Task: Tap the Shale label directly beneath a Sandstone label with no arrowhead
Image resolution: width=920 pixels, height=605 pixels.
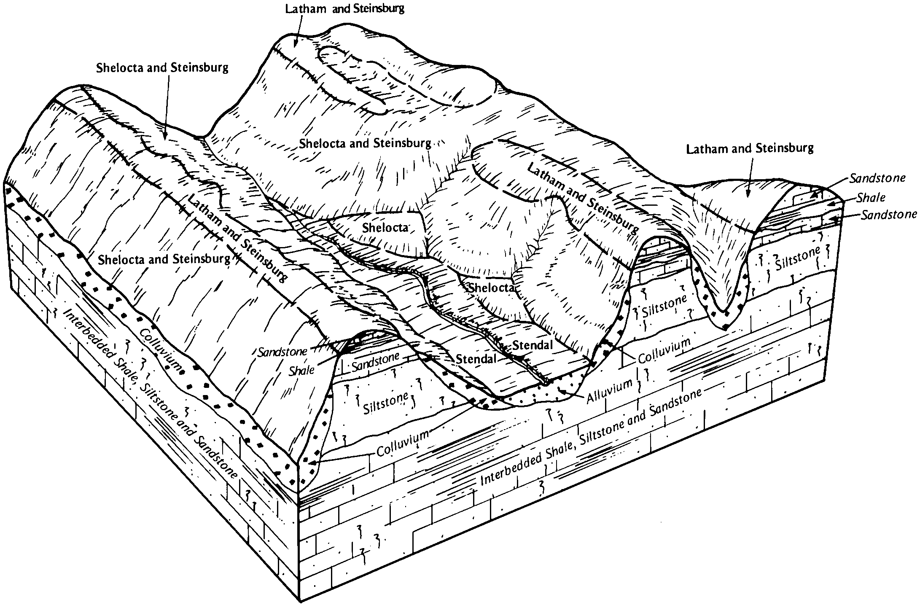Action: [x=302, y=370]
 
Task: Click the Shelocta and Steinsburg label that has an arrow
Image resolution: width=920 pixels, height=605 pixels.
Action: [x=162, y=68]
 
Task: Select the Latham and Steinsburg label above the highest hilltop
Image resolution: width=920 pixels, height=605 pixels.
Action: [x=344, y=9]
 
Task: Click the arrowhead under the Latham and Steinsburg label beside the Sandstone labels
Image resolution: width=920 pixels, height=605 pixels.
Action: [x=748, y=195]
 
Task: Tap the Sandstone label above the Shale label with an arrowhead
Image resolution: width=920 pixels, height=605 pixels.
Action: [x=877, y=178]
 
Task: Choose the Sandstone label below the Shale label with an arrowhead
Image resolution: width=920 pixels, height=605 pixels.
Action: [x=889, y=215]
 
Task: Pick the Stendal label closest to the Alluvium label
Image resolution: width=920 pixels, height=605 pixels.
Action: [x=532, y=345]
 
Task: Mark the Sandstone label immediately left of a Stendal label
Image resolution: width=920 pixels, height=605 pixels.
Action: [x=375, y=361]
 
